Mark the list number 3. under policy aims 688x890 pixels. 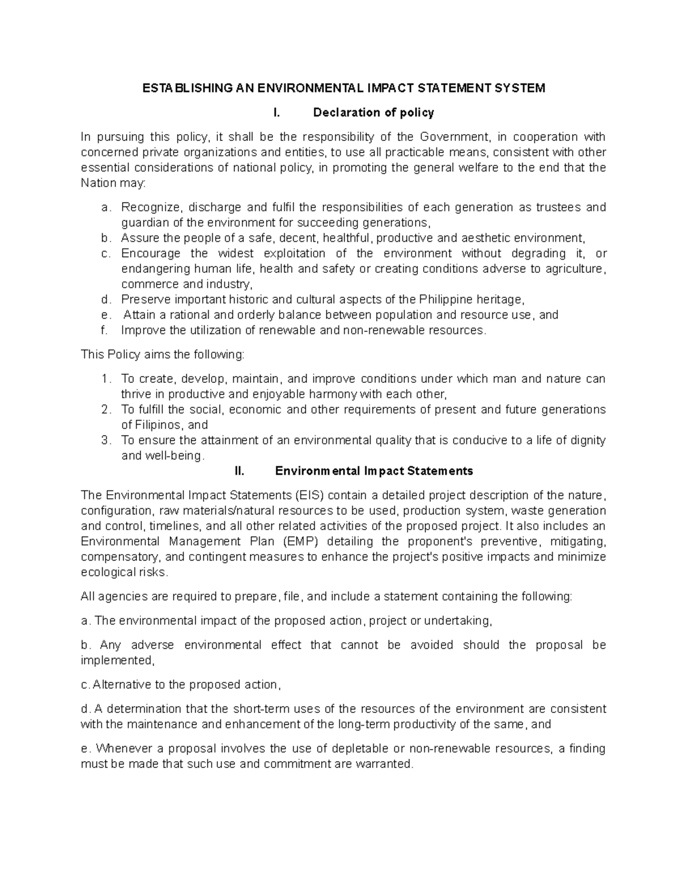pyautogui.click(x=105, y=441)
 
